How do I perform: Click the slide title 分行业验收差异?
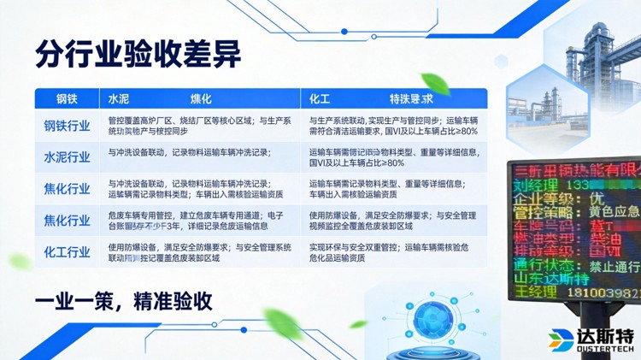pyautogui.click(x=138, y=53)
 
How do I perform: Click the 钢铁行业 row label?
pyautogui.click(x=67, y=127)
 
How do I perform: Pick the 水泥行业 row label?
pyautogui.click(x=67, y=157)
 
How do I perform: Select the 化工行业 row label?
pyautogui.click(x=67, y=251)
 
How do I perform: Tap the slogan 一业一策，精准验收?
pyautogui.click(x=123, y=301)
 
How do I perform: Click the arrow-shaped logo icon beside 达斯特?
pyautogui.click(x=562, y=338)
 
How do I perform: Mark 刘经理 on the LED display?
pyautogui.click(x=535, y=185)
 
